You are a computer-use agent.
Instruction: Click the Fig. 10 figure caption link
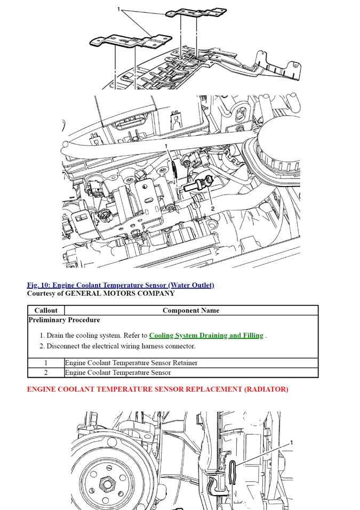tap(121, 285)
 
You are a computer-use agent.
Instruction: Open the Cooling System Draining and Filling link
tap(206, 336)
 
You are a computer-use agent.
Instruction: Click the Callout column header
tap(46, 310)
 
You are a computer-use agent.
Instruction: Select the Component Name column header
tap(190, 310)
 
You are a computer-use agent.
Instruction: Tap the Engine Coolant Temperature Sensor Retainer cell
tap(131, 363)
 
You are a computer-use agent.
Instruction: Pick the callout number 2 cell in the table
tap(46, 373)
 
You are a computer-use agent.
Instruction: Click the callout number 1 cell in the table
tap(46, 363)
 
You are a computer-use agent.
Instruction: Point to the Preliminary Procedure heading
tap(64, 320)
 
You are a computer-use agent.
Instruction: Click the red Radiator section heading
tap(157, 390)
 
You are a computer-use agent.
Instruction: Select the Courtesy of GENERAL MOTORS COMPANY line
tap(101, 294)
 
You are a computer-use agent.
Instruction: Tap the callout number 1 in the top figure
tap(118, 9)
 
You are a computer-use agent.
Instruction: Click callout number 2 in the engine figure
tap(212, 208)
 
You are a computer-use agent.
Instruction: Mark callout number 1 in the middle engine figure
tap(166, 146)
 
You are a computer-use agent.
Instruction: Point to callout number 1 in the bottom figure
tap(292, 443)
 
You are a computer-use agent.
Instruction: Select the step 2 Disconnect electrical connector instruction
tap(121, 346)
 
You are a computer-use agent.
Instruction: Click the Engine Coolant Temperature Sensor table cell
tap(118, 373)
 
